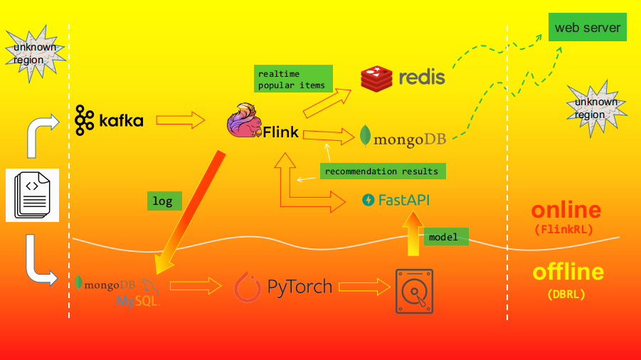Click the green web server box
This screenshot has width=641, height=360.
[588, 28]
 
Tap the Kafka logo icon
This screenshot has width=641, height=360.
[85, 120]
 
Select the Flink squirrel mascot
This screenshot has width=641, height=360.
[244, 120]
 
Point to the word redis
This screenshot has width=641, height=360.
[422, 78]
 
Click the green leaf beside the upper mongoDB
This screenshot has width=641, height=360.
[366, 136]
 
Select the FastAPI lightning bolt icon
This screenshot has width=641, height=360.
[368, 200]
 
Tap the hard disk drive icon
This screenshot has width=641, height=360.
[414, 291]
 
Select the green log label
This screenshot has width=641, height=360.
[164, 201]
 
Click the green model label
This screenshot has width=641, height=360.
[447, 237]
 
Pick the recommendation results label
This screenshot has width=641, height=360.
[383, 171]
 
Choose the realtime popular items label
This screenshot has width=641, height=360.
[293, 79]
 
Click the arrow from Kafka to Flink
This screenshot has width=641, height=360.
[180, 120]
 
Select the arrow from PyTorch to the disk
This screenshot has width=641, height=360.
[364, 287]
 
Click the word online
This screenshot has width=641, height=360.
[566, 210]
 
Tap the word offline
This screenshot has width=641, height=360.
[568, 272]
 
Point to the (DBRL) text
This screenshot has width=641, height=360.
[566, 294]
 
